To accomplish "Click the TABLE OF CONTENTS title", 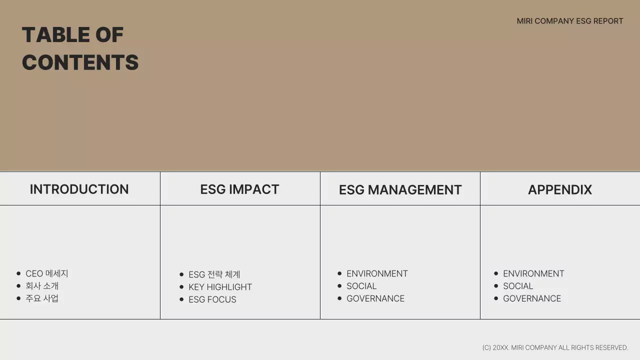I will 80,48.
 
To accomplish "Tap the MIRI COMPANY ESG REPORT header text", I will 569,21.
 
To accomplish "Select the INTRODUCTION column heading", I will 79,189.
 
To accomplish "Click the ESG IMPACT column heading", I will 239,189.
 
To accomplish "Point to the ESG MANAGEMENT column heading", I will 400,190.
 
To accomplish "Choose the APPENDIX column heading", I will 559,190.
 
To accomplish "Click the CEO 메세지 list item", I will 46,273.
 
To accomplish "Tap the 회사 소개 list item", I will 42,286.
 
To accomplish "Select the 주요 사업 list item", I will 42,298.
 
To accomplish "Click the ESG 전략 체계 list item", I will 214,274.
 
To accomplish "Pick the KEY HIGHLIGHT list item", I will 220,287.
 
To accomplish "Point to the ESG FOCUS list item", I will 212,299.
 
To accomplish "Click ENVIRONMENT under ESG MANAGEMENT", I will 377,273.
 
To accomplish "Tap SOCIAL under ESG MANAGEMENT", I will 361,286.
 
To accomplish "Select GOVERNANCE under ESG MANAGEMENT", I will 375,298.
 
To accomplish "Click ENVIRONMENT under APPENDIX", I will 533,273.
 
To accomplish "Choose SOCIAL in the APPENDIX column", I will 518,286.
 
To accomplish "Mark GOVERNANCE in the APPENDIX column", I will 532,298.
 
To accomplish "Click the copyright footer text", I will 555,347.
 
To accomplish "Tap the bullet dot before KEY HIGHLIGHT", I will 181,287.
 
